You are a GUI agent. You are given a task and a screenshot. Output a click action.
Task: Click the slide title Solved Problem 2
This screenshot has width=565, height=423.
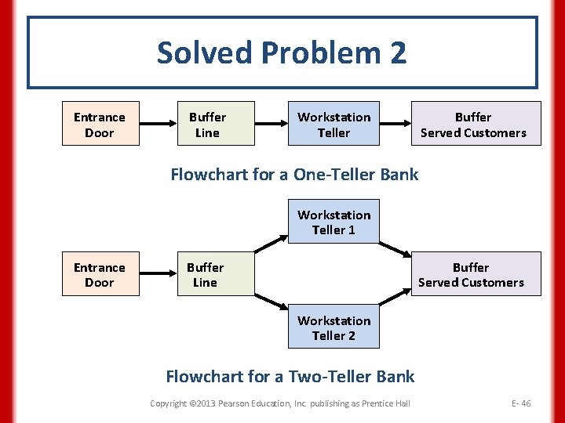tap(282, 53)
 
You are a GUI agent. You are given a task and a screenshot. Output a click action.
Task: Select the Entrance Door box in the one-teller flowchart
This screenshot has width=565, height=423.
tap(100, 124)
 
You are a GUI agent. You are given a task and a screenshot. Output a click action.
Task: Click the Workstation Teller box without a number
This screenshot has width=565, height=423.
tap(334, 124)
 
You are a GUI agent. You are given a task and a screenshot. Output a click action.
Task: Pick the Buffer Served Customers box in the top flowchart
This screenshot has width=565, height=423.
tap(473, 124)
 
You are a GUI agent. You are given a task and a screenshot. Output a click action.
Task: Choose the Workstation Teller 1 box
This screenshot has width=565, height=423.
tap(334, 222)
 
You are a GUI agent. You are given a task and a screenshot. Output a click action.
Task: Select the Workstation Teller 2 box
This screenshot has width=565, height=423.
tap(334, 327)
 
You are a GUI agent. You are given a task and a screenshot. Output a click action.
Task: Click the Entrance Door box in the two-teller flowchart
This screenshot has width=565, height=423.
tap(100, 274)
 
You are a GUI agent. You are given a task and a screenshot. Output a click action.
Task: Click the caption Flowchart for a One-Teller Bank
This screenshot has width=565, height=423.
tap(294, 174)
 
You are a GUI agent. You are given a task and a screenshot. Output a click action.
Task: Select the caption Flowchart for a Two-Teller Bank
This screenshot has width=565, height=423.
tap(290, 376)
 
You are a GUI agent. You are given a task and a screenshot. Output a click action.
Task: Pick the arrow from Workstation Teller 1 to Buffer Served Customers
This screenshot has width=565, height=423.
tap(396, 241)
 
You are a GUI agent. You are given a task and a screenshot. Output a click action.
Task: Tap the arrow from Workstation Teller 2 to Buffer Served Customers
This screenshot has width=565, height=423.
tap(396, 308)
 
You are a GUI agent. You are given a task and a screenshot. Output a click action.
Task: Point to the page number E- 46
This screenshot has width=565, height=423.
tap(520, 403)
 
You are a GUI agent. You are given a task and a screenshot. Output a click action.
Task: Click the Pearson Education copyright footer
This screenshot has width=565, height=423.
tap(280, 403)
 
